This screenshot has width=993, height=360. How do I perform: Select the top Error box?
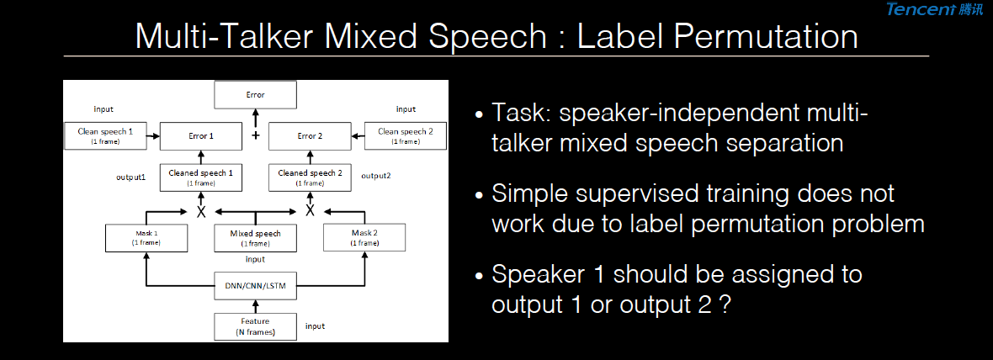point(255,95)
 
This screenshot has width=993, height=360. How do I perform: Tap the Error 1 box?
point(201,136)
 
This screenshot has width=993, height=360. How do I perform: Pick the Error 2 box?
point(311,136)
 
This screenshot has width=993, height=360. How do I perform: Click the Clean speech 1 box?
point(105,136)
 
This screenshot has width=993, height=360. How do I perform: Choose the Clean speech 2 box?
point(406,136)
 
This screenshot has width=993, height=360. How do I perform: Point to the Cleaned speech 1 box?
point(201,177)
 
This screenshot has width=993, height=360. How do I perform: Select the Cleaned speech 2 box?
point(311,177)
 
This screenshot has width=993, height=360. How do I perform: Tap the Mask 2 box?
point(364,237)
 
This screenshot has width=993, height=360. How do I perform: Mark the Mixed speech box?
point(255,237)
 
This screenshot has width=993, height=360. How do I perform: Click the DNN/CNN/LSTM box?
point(255,285)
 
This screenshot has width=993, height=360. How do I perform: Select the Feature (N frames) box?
point(255,326)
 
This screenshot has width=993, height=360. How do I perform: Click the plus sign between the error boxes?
point(256,136)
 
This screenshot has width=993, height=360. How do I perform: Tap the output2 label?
point(375,175)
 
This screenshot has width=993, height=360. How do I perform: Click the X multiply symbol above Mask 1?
point(201,211)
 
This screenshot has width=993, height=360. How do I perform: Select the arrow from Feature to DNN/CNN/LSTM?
point(255,306)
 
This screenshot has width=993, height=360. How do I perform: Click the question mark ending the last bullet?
point(725,305)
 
